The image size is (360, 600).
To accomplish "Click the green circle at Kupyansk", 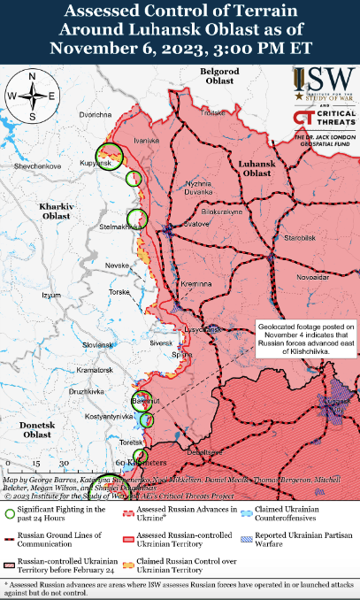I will click(110, 157).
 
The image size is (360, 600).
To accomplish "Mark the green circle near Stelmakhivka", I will click(136, 219).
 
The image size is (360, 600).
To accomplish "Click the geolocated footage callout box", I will click(307, 339).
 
